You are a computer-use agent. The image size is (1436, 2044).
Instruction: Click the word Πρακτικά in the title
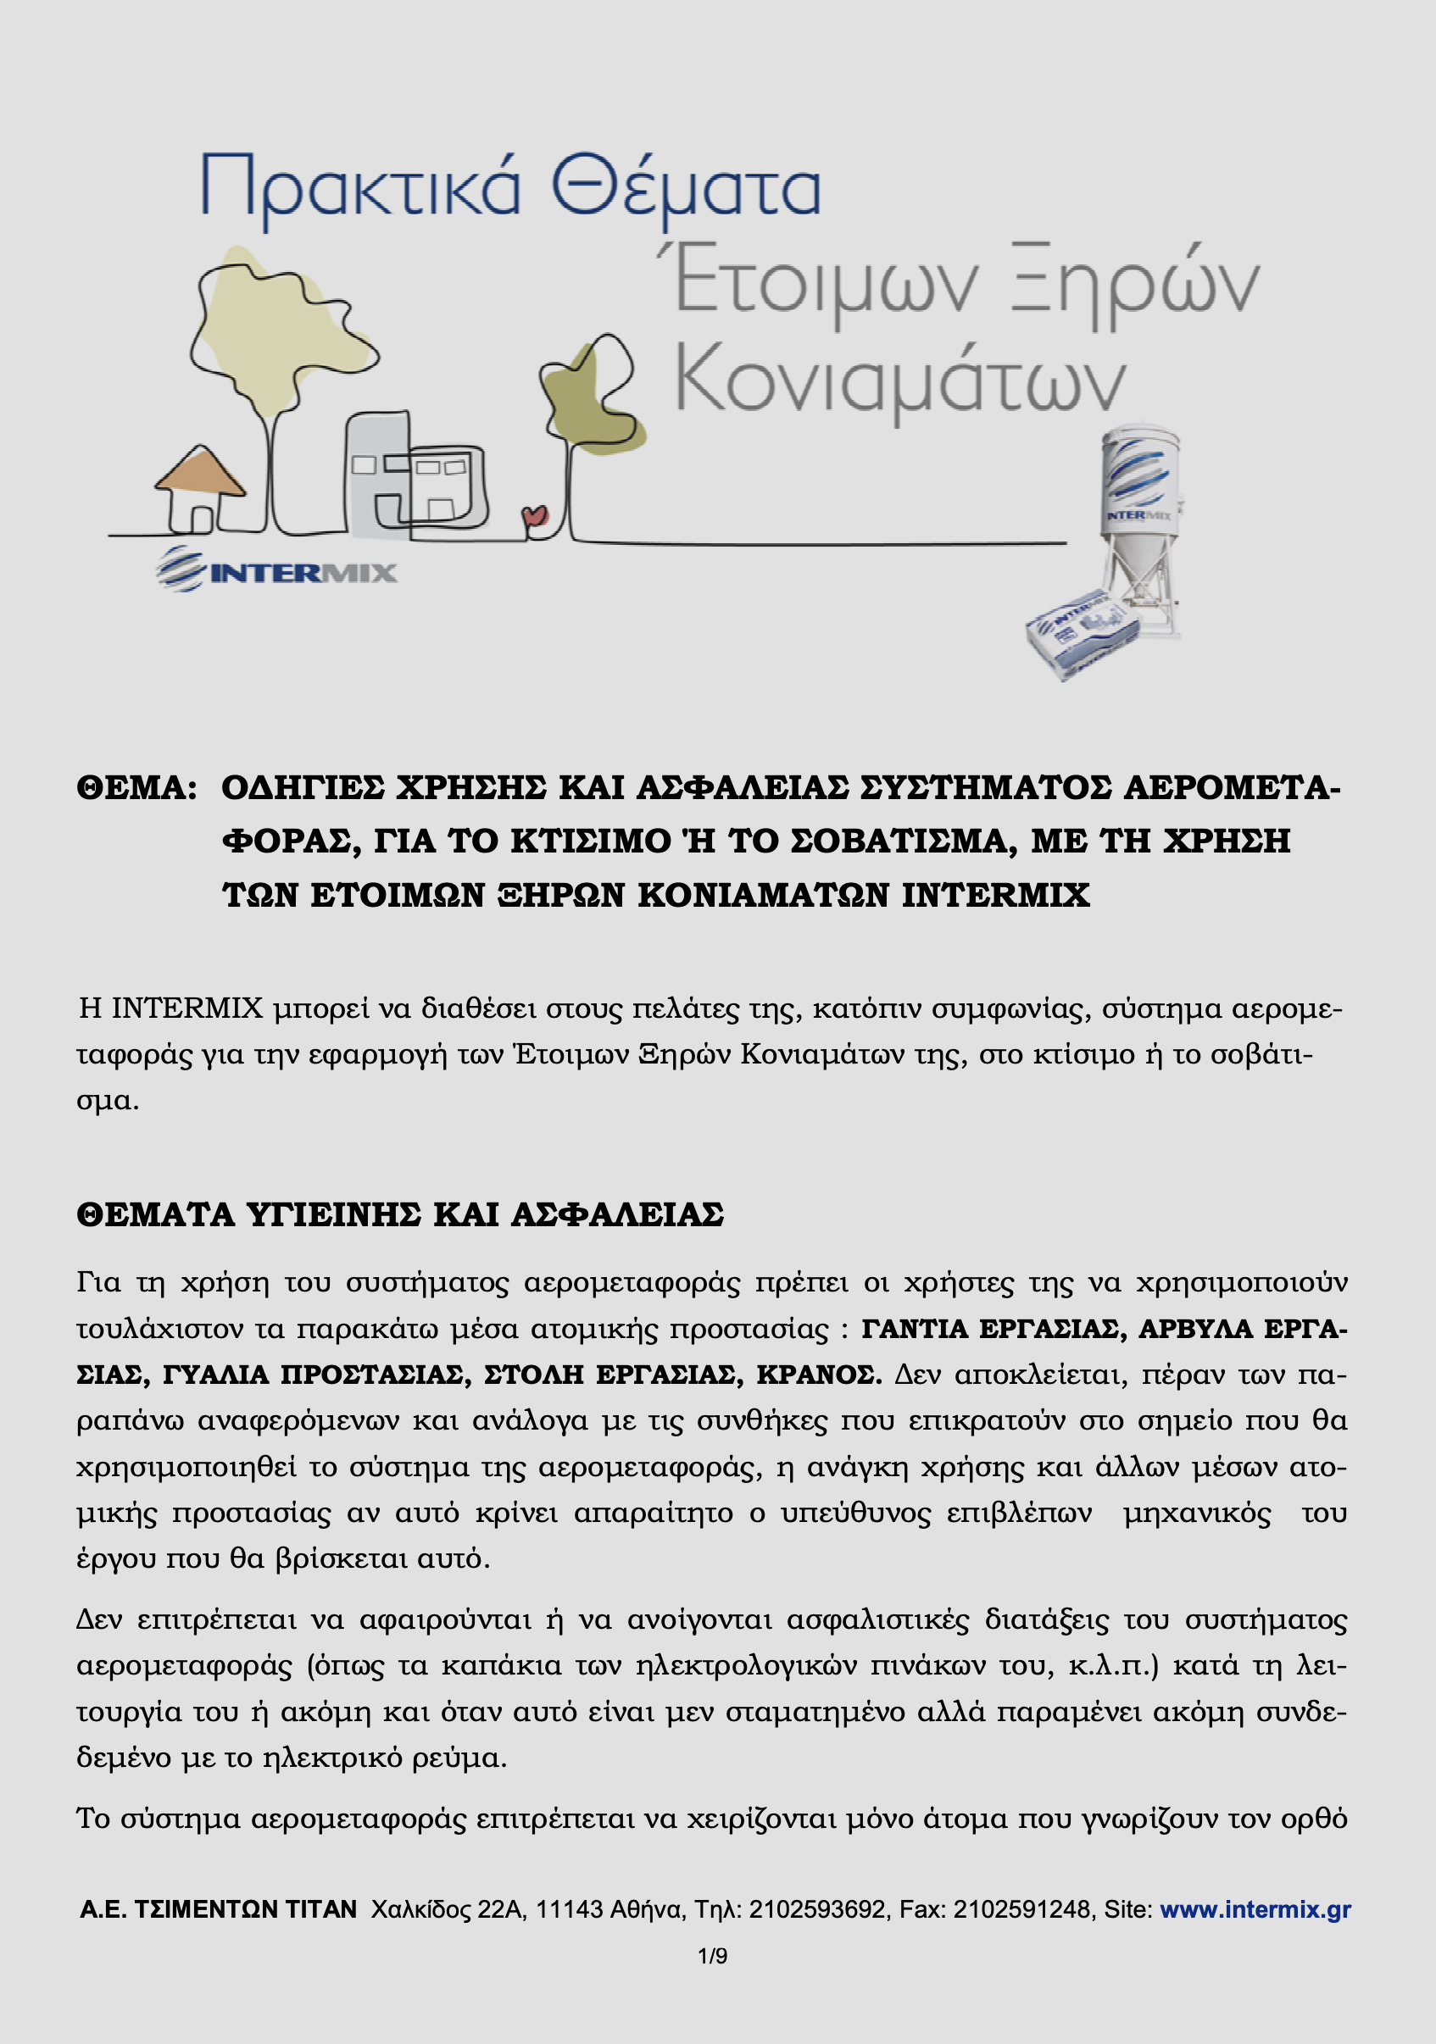point(359,187)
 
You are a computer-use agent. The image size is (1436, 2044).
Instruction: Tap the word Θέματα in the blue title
point(685,187)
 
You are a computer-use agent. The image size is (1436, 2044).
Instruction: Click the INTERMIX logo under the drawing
point(277,569)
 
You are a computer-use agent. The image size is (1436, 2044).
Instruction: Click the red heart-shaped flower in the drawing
point(534,516)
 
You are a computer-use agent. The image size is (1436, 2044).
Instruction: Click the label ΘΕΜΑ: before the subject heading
point(136,788)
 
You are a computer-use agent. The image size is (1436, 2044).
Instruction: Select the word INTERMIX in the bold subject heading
point(994,895)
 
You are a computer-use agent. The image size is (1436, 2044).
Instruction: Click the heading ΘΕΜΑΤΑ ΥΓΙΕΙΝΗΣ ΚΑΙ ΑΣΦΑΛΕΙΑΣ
point(400,1214)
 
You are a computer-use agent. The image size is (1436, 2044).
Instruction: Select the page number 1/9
point(712,1956)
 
